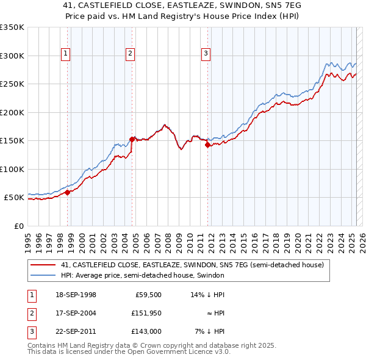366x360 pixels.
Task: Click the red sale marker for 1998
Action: (x=68, y=192)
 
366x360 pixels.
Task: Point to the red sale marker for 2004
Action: (x=132, y=139)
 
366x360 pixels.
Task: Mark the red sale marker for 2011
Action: (x=208, y=145)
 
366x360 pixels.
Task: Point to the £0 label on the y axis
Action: (x=18, y=226)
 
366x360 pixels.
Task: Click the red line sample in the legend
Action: (x=43, y=265)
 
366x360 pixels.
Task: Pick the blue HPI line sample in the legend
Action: (x=43, y=276)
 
